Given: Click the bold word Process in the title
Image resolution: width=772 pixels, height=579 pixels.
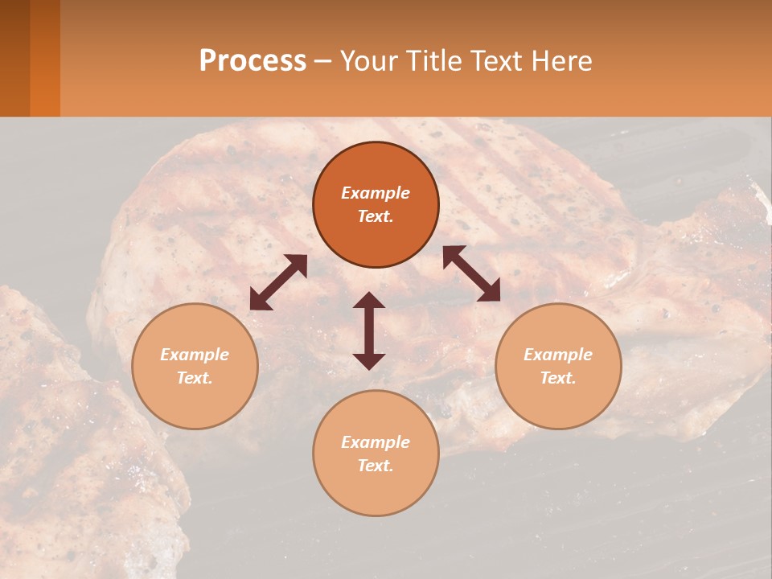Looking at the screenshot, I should coord(253,61).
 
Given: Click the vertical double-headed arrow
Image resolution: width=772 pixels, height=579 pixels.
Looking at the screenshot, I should coord(369,331).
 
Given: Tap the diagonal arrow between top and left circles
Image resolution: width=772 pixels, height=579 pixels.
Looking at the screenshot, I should coord(278,282).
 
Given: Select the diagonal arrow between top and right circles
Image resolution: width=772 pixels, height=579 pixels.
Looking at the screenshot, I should coord(471,274).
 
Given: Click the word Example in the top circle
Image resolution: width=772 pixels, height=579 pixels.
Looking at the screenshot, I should coord(376,193).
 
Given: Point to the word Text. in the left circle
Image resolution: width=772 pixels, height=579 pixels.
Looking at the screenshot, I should coord(195,378).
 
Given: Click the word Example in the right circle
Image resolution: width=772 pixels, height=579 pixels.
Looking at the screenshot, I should coord(558,355).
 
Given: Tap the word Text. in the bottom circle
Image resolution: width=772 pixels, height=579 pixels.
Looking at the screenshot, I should coord(376,466).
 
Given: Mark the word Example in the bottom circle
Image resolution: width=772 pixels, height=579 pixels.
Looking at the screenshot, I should coord(376,442).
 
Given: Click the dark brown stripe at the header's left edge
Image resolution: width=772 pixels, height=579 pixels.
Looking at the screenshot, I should coord(14,58).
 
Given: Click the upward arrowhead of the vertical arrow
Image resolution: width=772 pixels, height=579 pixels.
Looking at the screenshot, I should coord(369,301).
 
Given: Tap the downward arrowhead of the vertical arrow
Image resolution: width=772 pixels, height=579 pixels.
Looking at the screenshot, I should coord(369,361).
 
